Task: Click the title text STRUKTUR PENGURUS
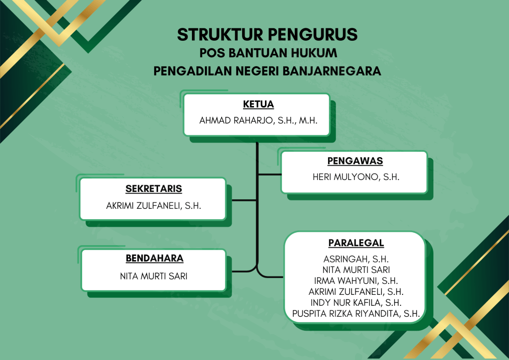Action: point(267,34)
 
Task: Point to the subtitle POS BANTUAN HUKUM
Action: point(268,53)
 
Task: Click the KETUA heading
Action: point(258,104)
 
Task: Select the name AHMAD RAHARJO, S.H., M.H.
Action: point(258,120)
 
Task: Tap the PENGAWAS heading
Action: point(355,161)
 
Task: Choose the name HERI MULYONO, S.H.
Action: point(356,177)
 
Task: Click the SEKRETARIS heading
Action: point(154,188)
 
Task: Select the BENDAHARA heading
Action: point(155,258)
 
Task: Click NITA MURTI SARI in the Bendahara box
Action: point(154,276)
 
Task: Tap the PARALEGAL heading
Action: point(356,243)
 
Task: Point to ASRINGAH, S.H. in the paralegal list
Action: point(356,259)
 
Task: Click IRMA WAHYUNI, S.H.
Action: point(356,280)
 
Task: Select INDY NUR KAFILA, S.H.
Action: point(356,302)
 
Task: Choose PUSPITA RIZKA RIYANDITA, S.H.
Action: point(356,314)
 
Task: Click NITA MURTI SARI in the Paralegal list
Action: point(356,270)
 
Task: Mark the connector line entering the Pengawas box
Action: point(269,175)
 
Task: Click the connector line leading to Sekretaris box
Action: point(245,200)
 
